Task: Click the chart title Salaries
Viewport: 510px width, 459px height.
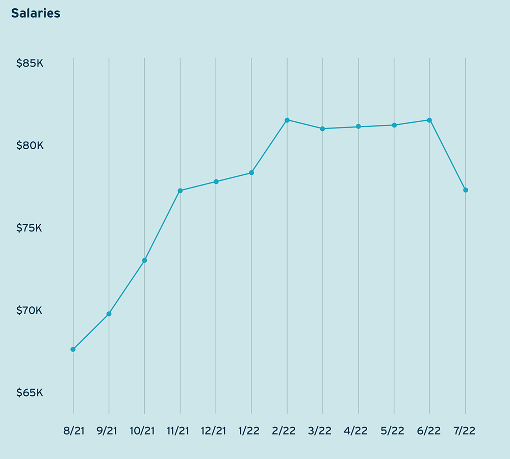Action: click(x=36, y=14)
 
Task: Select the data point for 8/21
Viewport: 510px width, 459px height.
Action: click(x=73, y=349)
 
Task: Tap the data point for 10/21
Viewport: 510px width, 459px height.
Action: click(x=144, y=260)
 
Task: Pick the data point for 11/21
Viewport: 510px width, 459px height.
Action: click(x=180, y=191)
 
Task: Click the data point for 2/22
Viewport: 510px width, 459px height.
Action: click(x=287, y=120)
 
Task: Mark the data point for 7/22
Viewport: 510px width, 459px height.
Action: click(x=466, y=190)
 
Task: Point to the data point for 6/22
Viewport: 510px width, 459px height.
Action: click(x=430, y=120)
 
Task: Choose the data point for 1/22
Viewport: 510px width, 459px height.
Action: click(x=251, y=173)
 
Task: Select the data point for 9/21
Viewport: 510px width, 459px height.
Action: click(x=109, y=314)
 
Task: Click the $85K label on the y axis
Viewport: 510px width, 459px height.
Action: click(x=30, y=64)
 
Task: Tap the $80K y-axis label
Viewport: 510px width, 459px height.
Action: click(x=30, y=146)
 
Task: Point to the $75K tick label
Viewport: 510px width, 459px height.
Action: click(x=30, y=228)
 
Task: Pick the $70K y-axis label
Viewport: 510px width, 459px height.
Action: click(x=30, y=310)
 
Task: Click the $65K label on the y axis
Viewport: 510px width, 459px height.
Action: click(x=30, y=393)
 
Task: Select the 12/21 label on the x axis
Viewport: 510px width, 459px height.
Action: click(x=213, y=431)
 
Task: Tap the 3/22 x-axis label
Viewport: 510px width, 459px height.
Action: click(x=320, y=431)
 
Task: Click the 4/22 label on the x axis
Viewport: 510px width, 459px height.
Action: click(x=355, y=431)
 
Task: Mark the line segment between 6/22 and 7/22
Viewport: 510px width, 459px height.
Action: click(x=448, y=155)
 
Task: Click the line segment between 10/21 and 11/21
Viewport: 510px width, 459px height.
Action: click(x=162, y=226)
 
